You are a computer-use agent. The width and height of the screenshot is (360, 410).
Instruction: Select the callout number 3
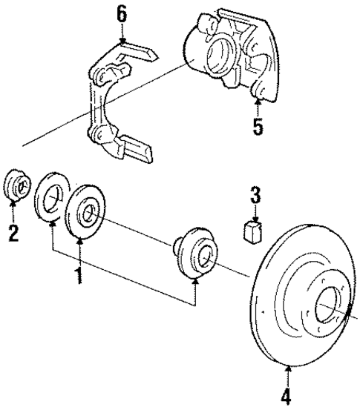(x=255, y=197)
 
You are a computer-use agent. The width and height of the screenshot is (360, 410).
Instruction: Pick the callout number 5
(x=258, y=126)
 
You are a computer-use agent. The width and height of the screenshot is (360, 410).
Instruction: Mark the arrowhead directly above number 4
(x=286, y=364)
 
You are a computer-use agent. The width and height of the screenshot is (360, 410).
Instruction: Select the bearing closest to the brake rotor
(x=195, y=256)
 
